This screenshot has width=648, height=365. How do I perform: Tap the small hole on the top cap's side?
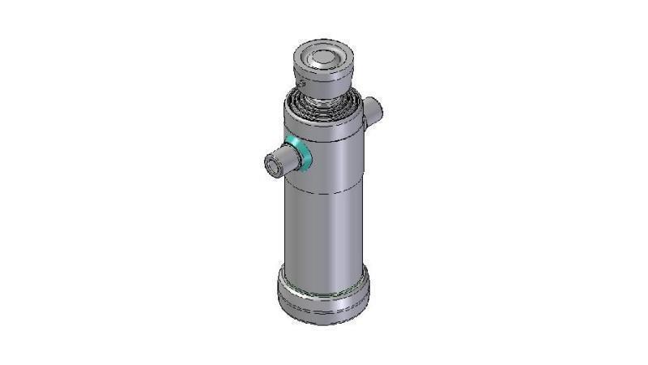click(x=299, y=81)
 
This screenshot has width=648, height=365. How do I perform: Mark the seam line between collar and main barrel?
click(x=324, y=191)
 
